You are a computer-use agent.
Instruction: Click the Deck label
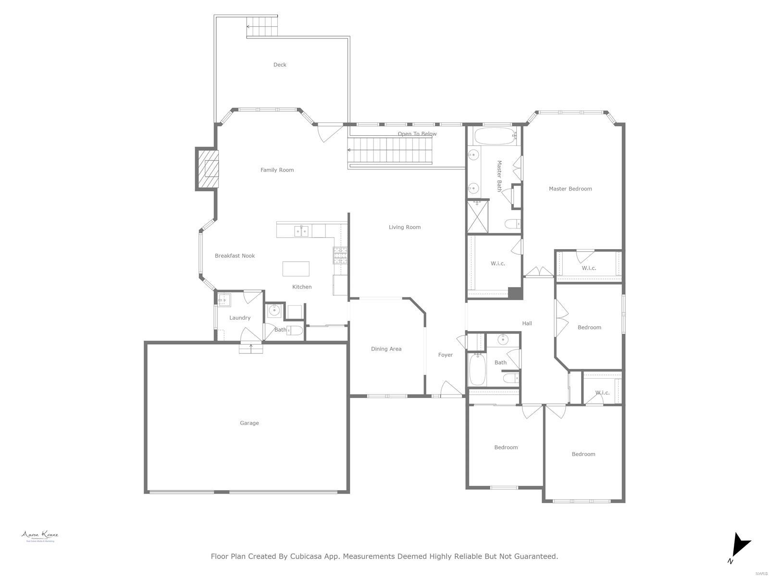pos(280,65)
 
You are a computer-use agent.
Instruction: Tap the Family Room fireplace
pos(208,169)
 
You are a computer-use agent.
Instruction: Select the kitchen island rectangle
pos(296,269)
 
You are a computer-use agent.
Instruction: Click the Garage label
pos(249,423)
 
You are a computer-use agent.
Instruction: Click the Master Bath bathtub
pos(495,136)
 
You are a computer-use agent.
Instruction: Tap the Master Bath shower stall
pos(478,217)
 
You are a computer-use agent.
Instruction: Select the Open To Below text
pos(417,134)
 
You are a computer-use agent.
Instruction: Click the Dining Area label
pos(386,349)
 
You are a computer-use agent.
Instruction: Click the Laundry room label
pos(240,318)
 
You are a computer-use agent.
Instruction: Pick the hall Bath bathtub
pos(477,369)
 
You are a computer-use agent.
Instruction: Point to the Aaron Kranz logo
pos(39,536)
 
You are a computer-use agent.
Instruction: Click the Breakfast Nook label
pos(235,256)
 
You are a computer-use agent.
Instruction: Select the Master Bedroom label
pos(570,189)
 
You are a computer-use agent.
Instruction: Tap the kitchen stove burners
pos(340,255)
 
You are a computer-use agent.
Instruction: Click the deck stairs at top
pos(262,26)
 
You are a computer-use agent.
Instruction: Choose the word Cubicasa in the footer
pos(309,556)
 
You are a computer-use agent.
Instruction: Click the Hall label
pos(527,324)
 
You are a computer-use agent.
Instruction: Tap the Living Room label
pos(405,227)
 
